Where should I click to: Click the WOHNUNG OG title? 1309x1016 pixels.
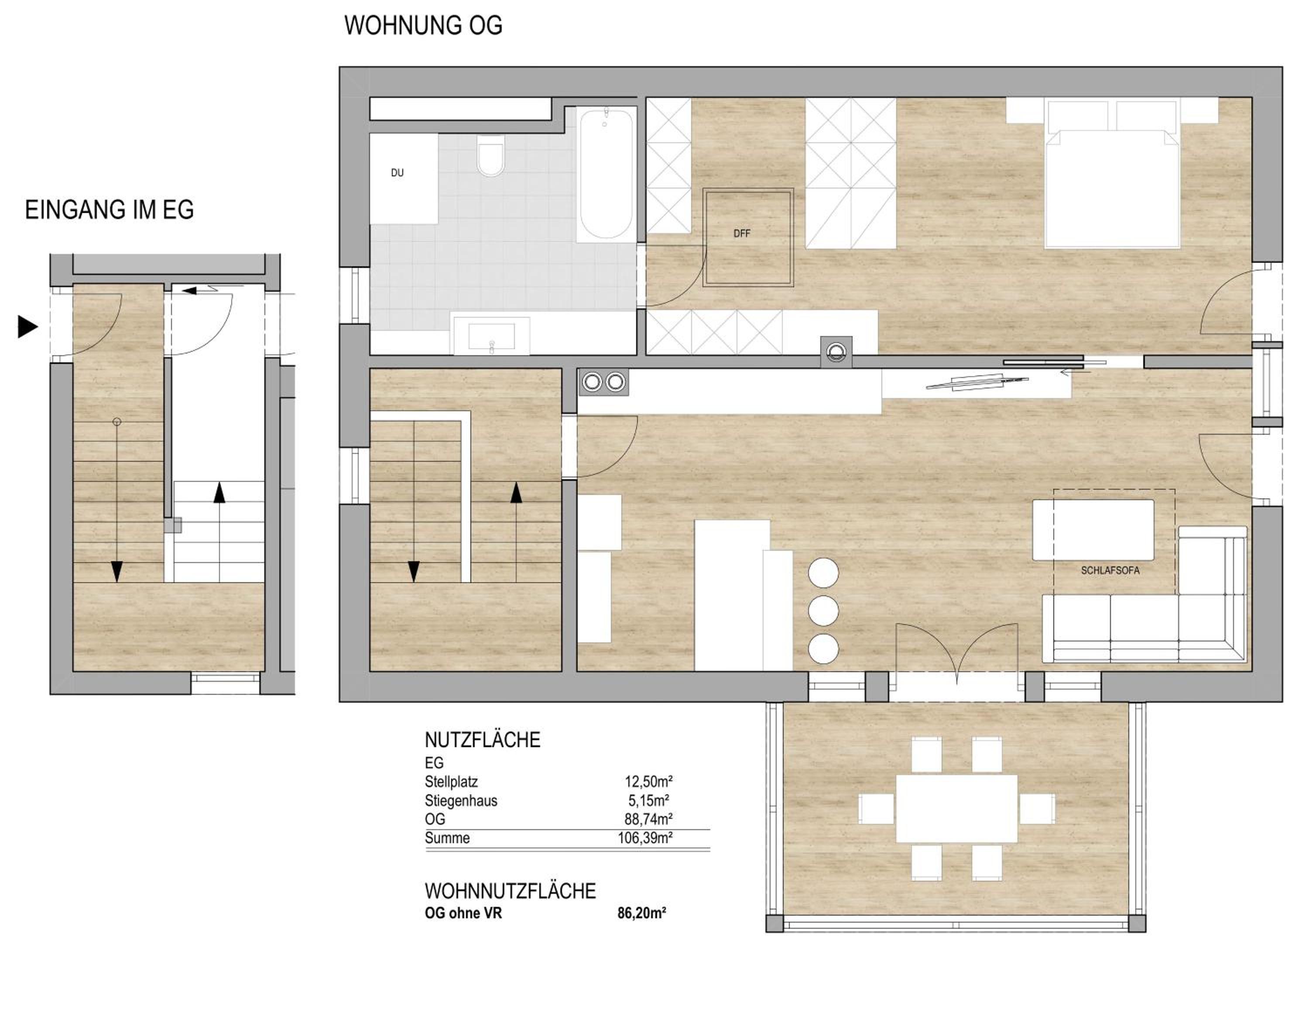(x=423, y=25)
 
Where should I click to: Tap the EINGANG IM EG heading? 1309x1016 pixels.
(x=109, y=210)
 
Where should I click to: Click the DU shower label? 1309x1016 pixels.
(x=397, y=173)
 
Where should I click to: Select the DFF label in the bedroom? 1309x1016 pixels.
(x=741, y=233)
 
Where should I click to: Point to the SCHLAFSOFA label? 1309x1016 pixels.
(x=1110, y=570)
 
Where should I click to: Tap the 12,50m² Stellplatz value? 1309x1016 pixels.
(x=648, y=782)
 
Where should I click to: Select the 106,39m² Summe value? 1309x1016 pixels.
(x=645, y=838)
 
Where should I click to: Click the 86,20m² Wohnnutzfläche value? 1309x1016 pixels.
(x=641, y=913)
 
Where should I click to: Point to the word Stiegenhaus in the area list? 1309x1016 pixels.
(x=461, y=801)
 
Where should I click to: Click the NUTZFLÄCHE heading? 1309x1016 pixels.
(x=483, y=740)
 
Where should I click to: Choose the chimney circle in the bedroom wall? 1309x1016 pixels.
(x=836, y=351)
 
